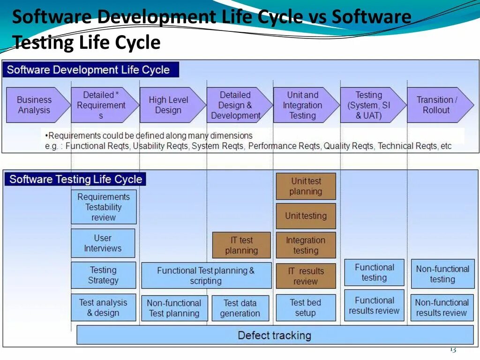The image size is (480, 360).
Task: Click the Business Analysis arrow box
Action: (35, 105)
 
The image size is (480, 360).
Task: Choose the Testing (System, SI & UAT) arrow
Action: (369, 105)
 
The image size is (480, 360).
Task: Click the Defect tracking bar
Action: (275, 335)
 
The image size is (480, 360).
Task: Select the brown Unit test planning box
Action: (306, 186)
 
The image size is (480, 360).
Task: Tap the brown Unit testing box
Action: (306, 216)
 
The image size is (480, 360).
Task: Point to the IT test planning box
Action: (241, 245)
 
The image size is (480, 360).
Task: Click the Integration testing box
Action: (306, 245)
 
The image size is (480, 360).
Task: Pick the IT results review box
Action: (306, 276)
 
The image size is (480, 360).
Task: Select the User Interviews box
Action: (103, 243)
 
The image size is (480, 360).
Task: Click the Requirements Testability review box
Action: (104, 207)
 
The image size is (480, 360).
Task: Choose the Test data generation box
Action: (240, 308)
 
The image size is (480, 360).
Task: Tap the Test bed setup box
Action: (306, 308)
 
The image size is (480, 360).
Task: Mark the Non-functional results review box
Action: (442, 307)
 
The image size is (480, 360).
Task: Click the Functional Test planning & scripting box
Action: (206, 276)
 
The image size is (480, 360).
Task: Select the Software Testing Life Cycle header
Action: (75, 179)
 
